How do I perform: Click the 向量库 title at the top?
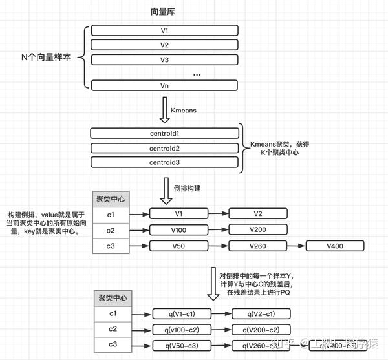click(164, 12)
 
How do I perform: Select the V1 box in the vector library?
click(164, 30)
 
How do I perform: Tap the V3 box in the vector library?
click(164, 59)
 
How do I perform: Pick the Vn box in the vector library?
click(164, 85)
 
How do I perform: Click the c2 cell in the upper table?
click(112, 229)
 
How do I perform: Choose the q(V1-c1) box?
click(182, 314)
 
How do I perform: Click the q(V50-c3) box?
click(182, 345)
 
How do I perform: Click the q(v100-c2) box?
click(182, 330)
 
